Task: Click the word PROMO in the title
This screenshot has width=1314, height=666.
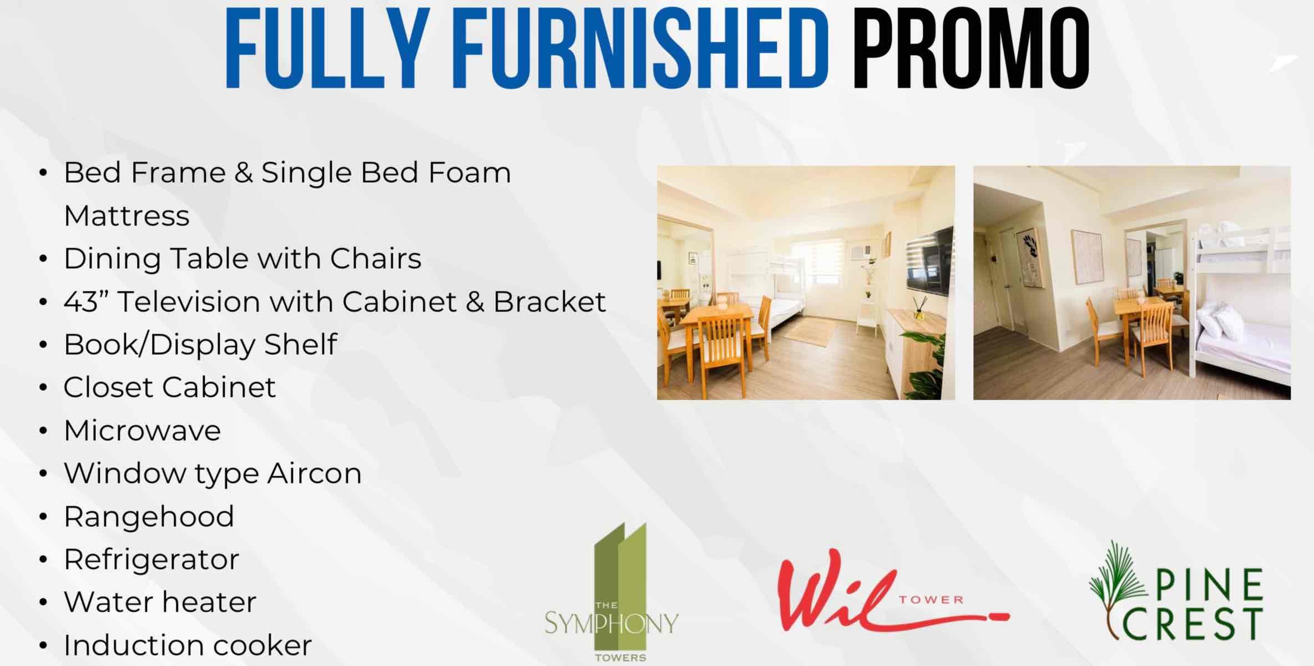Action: [x=971, y=48]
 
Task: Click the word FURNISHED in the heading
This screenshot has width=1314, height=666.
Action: [x=641, y=48]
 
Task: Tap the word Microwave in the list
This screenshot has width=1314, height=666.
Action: [x=142, y=430]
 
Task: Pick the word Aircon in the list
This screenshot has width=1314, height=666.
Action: [x=314, y=473]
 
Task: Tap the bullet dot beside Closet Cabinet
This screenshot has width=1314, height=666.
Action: [x=43, y=387]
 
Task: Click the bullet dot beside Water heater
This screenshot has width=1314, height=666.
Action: [x=43, y=602]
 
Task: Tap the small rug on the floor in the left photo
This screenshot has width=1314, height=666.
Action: [x=809, y=331]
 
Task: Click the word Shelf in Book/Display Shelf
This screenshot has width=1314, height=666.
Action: [x=300, y=345]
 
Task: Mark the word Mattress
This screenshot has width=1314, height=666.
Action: [x=127, y=216]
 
